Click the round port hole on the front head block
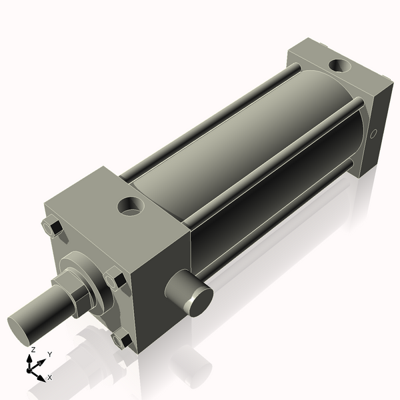(x=130, y=206)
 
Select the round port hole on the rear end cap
(x=340, y=67)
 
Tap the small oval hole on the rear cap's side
(x=375, y=134)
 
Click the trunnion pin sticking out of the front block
(x=190, y=293)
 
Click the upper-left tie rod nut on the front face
(x=52, y=227)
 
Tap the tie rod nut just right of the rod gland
(x=115, y=278)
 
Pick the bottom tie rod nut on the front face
(x=122, y=341)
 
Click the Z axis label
(x=33, y=349)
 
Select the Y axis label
(x=49, y=355)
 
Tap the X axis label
(x=50, y=377)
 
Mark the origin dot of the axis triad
(x=31, y=367)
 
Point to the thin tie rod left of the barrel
(x=200, y=120)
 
